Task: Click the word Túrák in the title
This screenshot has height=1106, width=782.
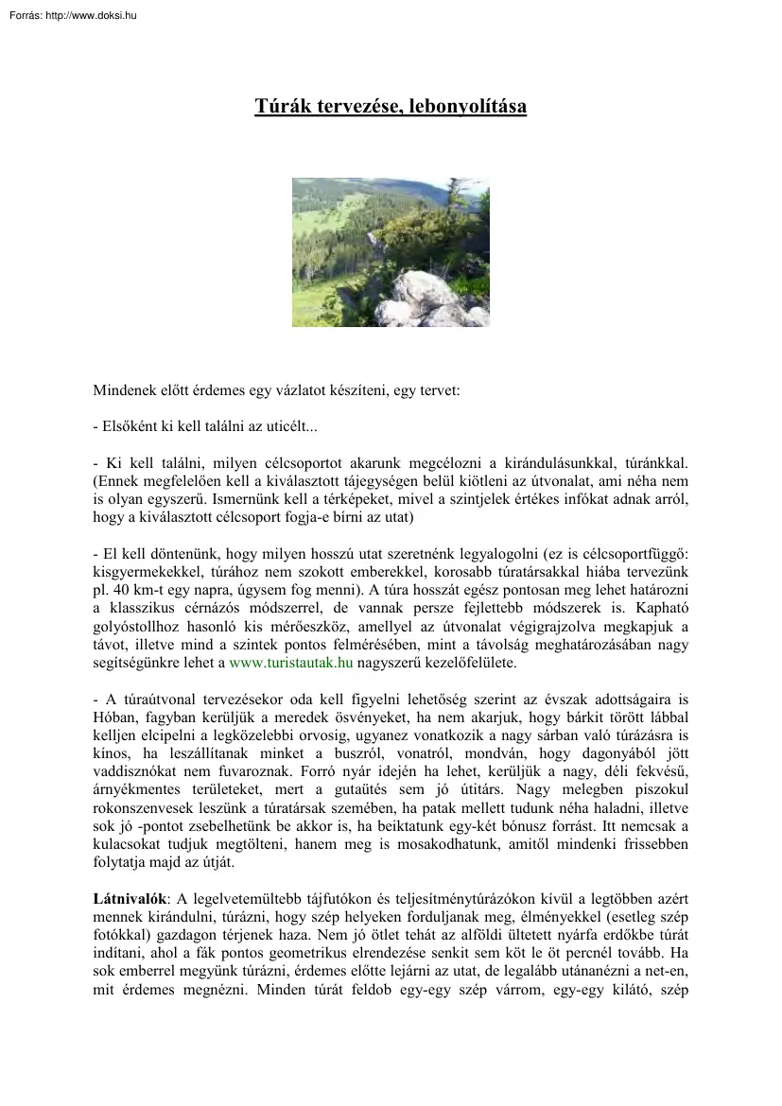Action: tap(278, 106)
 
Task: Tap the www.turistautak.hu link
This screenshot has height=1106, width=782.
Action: tap(291, 664)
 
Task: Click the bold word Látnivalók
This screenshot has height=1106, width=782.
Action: tap(130, 896)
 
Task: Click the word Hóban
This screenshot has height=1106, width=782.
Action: tap(113, 718)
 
